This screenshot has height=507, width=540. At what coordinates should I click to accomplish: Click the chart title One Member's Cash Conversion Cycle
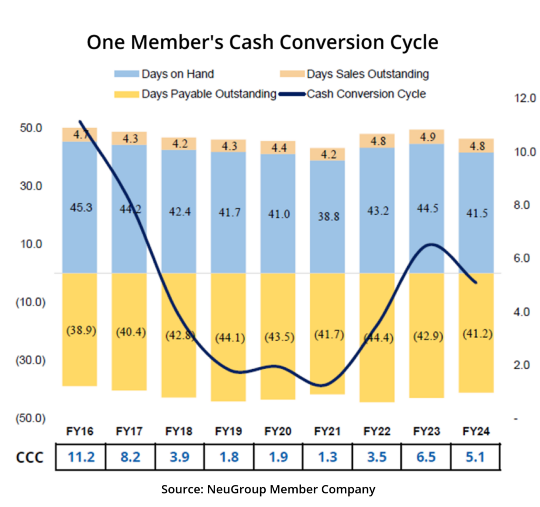click(262, 42)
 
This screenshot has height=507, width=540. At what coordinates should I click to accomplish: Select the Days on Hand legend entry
click(177, 74)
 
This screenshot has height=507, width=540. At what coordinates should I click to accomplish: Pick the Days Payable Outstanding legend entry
click(209, 94)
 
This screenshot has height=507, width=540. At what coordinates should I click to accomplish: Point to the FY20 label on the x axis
click(278, 431)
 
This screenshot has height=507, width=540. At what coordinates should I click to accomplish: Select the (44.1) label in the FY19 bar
click(228, 337)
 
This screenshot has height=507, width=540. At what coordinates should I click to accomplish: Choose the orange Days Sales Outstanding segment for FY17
click(130, 138)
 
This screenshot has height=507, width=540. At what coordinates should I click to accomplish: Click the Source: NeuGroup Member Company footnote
click(268, 489)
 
